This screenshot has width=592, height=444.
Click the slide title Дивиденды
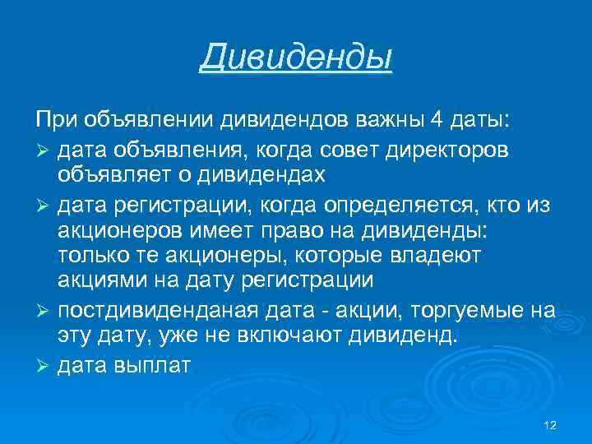(x=296, y=58)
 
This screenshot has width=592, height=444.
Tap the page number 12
(x=550, y=425)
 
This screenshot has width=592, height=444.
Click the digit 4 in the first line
(x=434, y=122)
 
